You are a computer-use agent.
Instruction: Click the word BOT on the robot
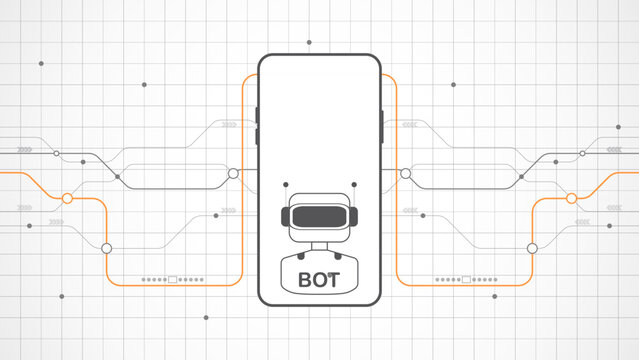coord(319,277)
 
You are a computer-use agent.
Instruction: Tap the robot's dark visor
coord(319,215)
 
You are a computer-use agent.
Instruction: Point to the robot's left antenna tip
coord(285,184)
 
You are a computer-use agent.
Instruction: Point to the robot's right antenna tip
coord(353,184)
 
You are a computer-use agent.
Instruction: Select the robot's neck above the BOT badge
coord(319,248)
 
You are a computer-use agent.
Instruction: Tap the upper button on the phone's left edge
coord(257,114)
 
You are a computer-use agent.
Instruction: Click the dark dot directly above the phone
coord(309,43)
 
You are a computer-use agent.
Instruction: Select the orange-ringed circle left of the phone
coord(68,198)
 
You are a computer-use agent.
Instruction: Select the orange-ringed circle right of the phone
coord(571,198)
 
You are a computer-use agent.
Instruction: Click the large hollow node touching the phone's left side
coord(234,174)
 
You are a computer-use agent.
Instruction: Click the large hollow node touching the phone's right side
coord(405,174)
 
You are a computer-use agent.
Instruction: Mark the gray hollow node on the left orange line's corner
coord(107,247)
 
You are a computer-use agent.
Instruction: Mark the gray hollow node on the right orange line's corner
coord(532,247)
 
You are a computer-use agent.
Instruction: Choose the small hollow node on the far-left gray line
coord(56,153)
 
